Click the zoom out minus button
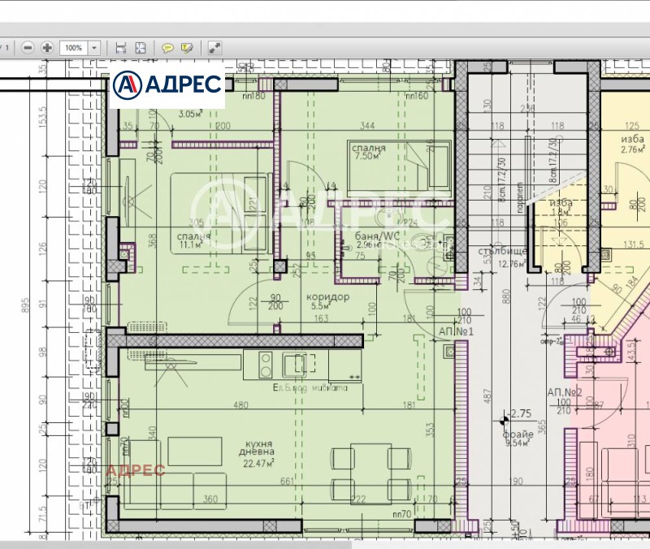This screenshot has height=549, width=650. click(28, 48)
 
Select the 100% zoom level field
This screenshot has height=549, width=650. click(74, 48)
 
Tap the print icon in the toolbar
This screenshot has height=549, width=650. click(121, 48)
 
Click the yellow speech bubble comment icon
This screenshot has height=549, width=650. click(167, 48)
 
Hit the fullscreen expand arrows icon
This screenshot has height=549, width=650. click(214, 48)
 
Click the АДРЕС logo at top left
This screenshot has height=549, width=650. click(167, 84)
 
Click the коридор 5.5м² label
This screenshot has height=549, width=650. click(327, 301)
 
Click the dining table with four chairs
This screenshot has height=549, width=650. click(369, 474)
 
